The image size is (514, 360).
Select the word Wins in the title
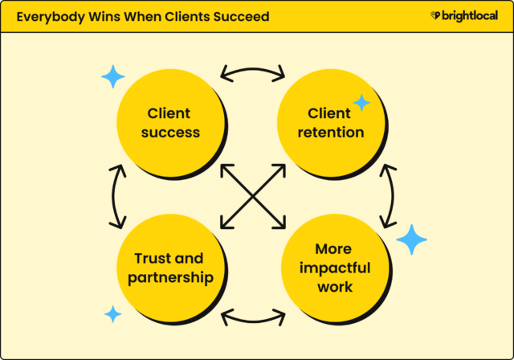106,16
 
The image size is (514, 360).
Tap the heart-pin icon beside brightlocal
435,16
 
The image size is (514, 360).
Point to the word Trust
148,259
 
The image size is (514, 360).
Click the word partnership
168,278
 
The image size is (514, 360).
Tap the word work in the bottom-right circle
332,288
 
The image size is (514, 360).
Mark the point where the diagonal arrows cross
252,196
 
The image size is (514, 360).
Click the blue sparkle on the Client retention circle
362,103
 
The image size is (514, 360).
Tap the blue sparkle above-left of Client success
113,77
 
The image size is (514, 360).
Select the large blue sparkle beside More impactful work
412,239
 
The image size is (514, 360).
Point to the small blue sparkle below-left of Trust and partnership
113,313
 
